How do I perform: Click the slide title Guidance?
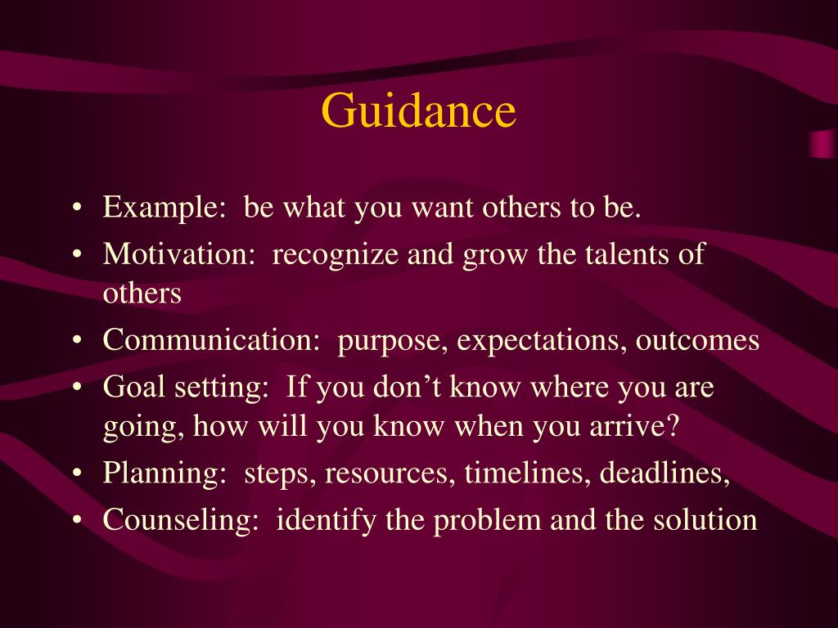pos(418,111)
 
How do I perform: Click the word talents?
pos(624,254)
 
